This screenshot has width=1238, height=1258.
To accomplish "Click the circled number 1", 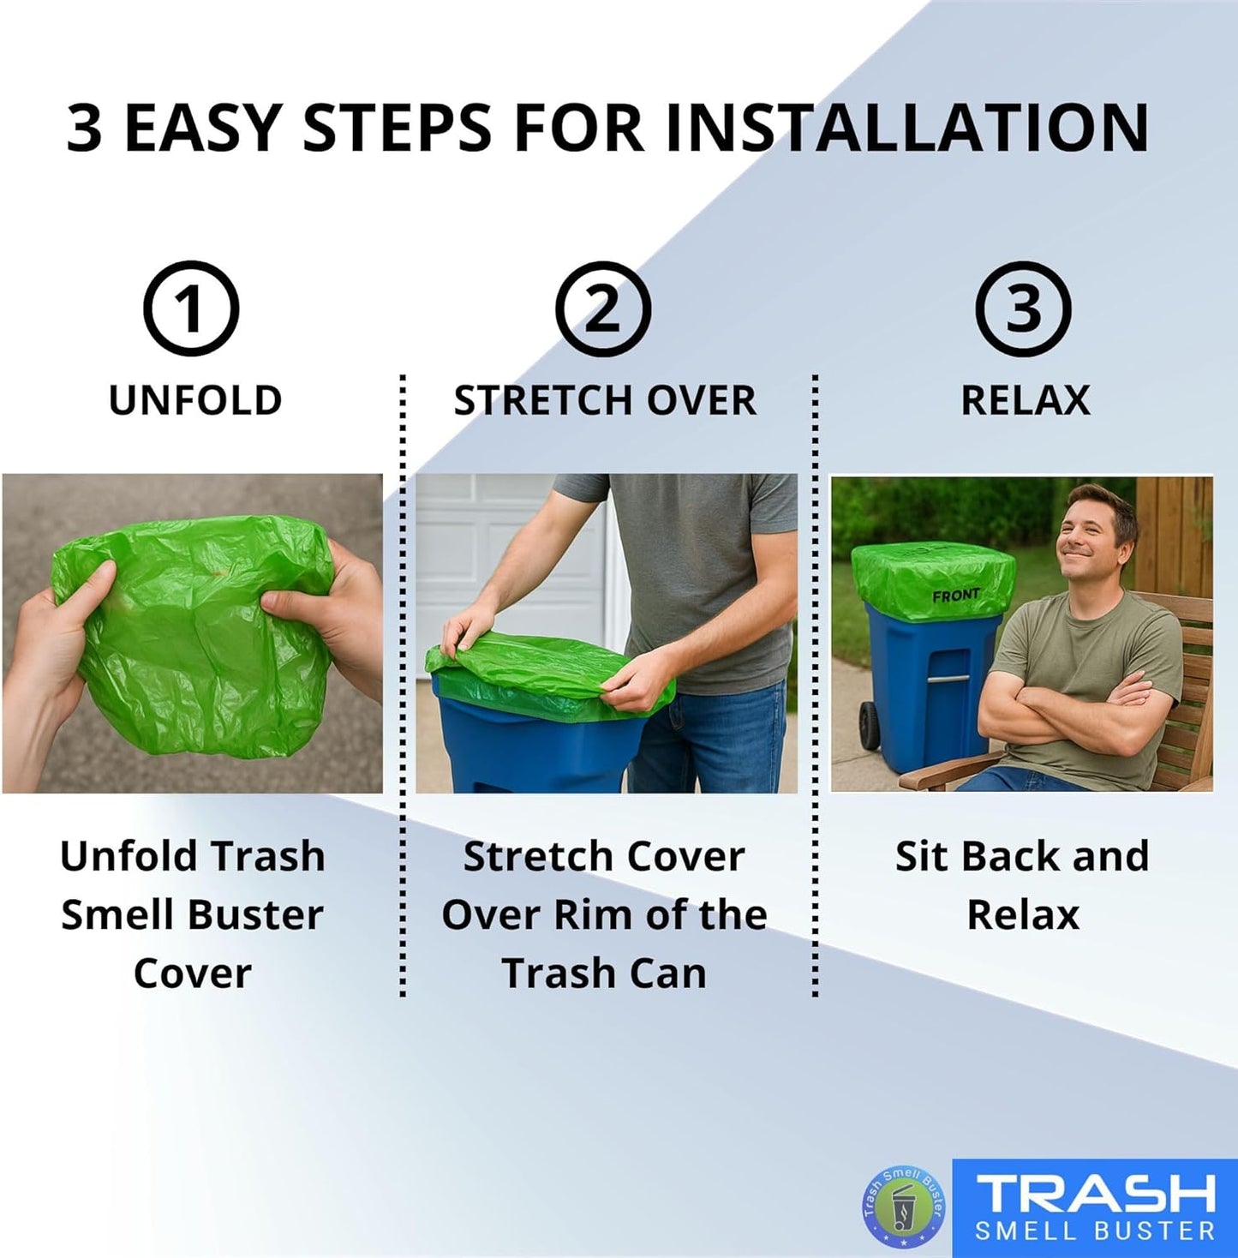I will point(190,309).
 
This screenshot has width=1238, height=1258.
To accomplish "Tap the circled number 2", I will point(603,309).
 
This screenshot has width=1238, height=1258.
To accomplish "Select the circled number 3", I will point(1023,309).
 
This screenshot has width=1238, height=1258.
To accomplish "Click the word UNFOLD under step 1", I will point(195,400).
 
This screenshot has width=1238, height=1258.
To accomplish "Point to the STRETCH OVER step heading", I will point(605,400).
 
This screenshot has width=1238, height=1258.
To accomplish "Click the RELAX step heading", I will point(1026,400).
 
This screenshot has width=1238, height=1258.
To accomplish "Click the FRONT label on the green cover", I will point(955,594).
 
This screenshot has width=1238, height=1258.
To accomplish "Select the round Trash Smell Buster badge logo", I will point(904,1207).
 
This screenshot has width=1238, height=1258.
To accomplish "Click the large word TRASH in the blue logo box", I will point(1096,1193).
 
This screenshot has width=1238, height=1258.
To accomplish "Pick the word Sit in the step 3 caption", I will point(922,856).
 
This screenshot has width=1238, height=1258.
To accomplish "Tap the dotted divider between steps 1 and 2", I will point(403,686).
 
